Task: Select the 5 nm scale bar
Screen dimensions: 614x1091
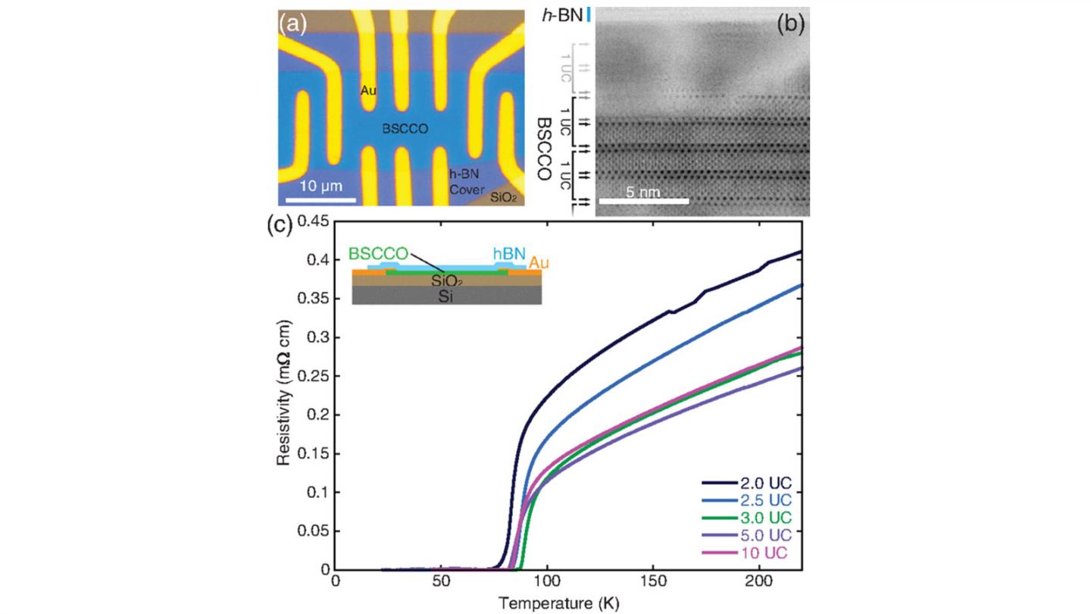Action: [x=643, y=202]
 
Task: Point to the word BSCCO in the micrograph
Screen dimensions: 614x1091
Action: [x=405, y=130]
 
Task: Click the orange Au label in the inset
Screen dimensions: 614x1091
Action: [x=539, y=263]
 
